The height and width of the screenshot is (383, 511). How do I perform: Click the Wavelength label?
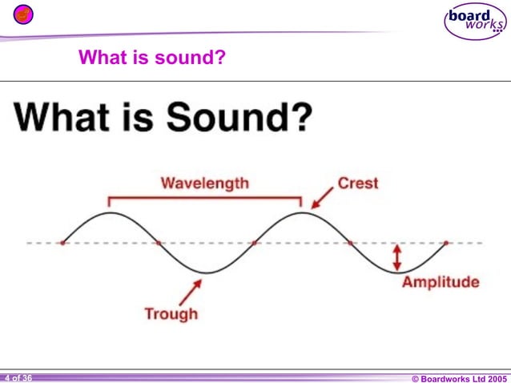pyautogui.click(x=204, y=183)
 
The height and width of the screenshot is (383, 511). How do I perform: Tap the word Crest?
pyautogui.click(x=358, y=183)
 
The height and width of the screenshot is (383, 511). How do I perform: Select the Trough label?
pyautogui.click(x=171, y=313)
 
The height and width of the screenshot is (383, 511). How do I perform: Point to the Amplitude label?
pyautogui.click(x=441, y=282)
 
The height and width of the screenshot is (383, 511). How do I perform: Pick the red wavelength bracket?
pyautogui.click(x=204, y=198)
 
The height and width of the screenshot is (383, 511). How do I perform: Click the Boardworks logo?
pyautogui.click(x=475, y=21)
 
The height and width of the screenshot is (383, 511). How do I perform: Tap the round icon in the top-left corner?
pyautogui.click(x=24, y=14)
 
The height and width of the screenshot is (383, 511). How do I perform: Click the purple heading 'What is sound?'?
pyautogui.click(x=151, y=58)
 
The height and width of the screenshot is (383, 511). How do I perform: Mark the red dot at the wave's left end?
pyautogui.click(x=62, y=242)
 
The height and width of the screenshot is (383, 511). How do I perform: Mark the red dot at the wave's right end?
pyautogui.click(x=446, y=242)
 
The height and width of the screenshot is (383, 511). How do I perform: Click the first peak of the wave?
pyautogui.click(x=110, y=212)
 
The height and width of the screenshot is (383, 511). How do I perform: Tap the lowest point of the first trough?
pyautogui.click(x=206, y=273)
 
